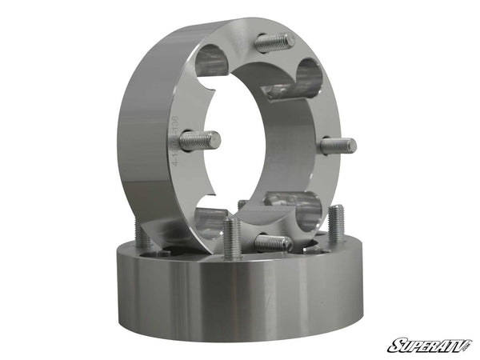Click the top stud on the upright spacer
[274, 42]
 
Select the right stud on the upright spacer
[338, 146]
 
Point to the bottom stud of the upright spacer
[272, 242]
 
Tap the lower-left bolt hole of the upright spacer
[210, 219]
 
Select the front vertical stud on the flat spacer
[232, 238]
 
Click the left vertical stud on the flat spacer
[142, 233]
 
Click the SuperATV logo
[430, 346]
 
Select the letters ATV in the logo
[453, 346]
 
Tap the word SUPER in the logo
[411, 346]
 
